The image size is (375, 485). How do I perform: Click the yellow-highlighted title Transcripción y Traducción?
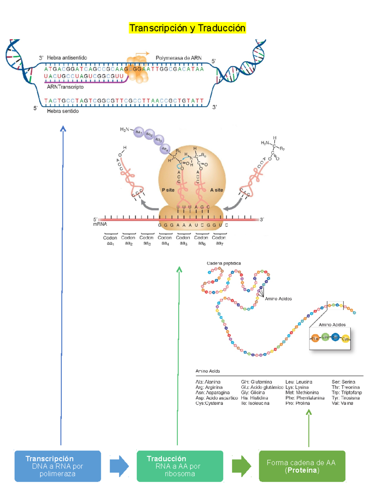click(x=187, y=28)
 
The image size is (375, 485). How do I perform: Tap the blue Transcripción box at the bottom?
click(x=57, y=466)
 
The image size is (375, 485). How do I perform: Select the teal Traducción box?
click(x=180, y=466)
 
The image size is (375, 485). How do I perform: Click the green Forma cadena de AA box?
click(x=302, y=466)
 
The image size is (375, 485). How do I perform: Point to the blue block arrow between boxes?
click(x=119, y=466)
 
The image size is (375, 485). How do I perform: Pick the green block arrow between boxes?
click(x=241, y=466)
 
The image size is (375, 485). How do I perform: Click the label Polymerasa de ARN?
click(x=178, y=58)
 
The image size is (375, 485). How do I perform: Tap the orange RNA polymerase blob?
click(x=137, y=69)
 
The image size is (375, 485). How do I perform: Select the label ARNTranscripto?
click(x=65, y=87)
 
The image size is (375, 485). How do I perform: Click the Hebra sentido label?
click(x=62, y=111)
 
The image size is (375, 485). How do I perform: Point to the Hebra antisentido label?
click(x=67, y=58)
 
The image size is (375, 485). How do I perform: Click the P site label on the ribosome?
click(x=168, y=190)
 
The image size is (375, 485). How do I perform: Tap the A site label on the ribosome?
click(x=216, y=190)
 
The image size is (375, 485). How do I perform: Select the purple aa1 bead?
click(x=138, y=132)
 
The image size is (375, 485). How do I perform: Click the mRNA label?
click(x=100, y=224)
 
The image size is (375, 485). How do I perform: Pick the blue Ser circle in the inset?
click(x=335, y=337)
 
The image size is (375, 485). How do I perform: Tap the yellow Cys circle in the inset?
click(x=345, y=339)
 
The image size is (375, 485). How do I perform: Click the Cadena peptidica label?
click(x=224, y=263)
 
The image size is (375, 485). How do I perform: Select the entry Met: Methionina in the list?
click(x=302, y=393)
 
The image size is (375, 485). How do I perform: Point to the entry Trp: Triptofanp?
click(x=347, y=393)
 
